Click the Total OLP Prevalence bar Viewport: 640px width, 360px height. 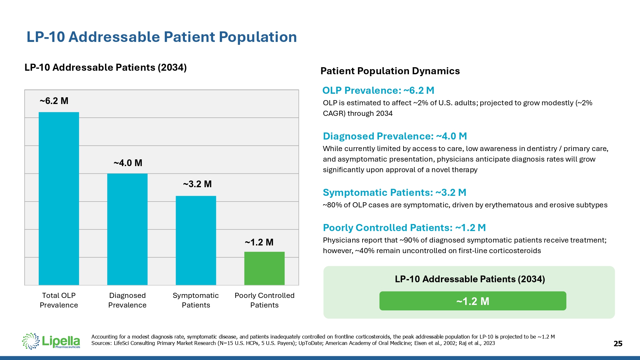[59, 198]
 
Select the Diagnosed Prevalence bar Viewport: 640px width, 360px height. [127, 229]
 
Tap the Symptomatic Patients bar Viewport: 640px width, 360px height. [196, 240]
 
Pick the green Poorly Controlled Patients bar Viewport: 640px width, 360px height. [264, 268]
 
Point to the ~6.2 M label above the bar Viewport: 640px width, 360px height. [54, 101]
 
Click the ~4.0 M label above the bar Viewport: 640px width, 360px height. [128, 163]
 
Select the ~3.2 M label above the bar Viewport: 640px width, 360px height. [197, 184]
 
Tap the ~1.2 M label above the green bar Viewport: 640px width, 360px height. [259, 243]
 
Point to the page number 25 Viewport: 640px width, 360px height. [618, 344]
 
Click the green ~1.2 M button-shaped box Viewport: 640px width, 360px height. [473, 301]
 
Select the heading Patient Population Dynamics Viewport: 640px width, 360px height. [390, 71]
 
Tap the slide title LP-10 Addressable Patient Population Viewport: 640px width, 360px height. [162, 37]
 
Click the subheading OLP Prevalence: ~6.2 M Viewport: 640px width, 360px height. [378, 91]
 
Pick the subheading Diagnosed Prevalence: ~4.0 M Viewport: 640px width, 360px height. [395, 136]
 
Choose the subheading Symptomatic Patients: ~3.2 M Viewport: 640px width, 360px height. [395, 193]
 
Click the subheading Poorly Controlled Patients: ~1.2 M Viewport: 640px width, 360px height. [404, 228]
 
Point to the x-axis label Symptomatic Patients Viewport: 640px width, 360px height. [196, 300]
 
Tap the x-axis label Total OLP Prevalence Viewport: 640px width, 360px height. [59, 300]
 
